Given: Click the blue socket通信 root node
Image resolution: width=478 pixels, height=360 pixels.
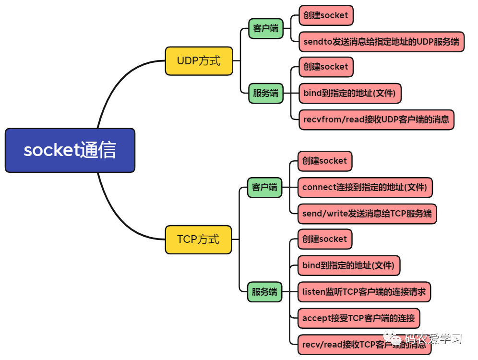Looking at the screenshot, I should point(70,150).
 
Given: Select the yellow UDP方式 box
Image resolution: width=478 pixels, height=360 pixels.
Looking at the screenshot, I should point(199,61).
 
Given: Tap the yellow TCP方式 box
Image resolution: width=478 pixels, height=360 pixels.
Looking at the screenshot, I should point(198,239).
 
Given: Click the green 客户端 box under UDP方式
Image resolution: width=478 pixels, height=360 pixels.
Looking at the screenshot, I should point(265,28).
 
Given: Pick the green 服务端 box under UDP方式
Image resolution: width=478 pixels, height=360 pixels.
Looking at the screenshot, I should point(265,93).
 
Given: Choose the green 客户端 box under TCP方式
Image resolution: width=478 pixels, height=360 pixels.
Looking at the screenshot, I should point(264,187).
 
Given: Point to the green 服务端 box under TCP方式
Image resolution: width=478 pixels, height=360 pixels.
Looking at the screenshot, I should point(264,292).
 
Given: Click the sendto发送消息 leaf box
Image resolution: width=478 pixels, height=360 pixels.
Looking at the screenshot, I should point(381,42).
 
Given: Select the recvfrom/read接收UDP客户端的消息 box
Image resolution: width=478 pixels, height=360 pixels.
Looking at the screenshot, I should point(376,120).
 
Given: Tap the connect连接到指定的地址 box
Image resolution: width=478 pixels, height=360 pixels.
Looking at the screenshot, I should point(365,187).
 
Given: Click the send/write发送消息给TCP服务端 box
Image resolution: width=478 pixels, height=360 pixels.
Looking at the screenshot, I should point(367,214).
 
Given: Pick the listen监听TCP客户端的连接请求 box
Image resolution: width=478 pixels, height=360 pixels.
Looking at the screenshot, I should point(364,291).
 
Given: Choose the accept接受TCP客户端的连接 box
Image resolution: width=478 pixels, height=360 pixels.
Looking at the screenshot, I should point(358,318).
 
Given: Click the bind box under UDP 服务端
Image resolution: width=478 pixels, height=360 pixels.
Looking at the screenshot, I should point(349,93).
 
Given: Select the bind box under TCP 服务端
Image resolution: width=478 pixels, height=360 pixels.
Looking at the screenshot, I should point(348,265).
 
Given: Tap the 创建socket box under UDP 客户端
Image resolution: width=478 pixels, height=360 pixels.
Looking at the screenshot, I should point(325,15).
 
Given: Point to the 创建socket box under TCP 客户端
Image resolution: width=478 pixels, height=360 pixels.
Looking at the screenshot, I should point(324,161).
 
